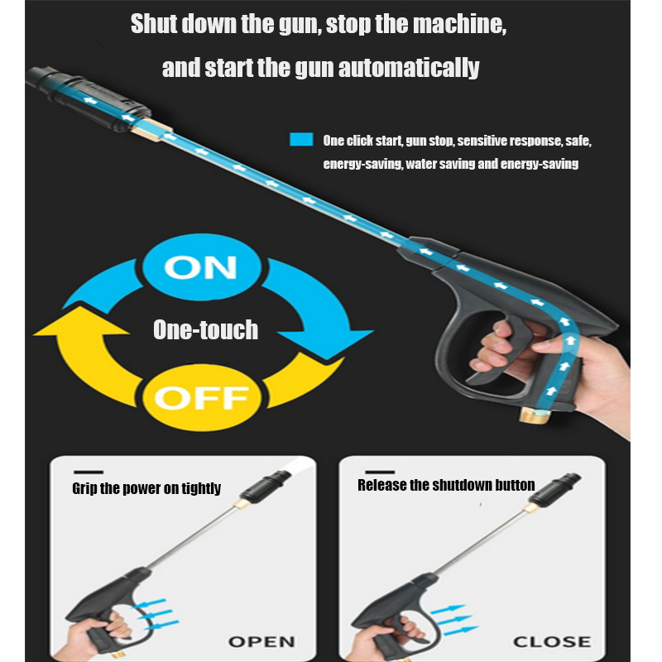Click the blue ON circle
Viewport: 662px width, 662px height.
202,266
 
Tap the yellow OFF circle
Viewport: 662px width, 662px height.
202,398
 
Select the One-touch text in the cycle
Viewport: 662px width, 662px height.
205,329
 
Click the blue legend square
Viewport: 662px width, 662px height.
301,139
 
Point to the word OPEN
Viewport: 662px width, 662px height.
261,642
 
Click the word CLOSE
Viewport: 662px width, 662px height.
552,642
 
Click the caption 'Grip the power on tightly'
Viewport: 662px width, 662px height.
146,488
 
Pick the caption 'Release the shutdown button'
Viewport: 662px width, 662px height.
446,485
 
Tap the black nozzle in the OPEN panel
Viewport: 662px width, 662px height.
266,485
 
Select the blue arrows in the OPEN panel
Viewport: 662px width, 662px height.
155,615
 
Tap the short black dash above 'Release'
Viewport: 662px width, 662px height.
380,472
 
